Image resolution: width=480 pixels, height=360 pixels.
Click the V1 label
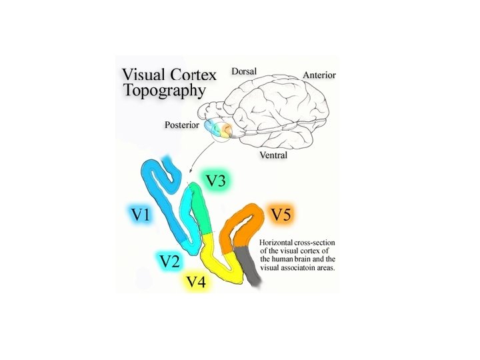tap(141, 215)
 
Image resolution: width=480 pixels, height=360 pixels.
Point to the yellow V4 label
tap(196, 282)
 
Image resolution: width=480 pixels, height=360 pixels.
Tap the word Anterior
tap(319, 75)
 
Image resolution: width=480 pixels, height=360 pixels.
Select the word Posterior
tap(181, 125)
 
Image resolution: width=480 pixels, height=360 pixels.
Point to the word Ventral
tap(273, 155)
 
